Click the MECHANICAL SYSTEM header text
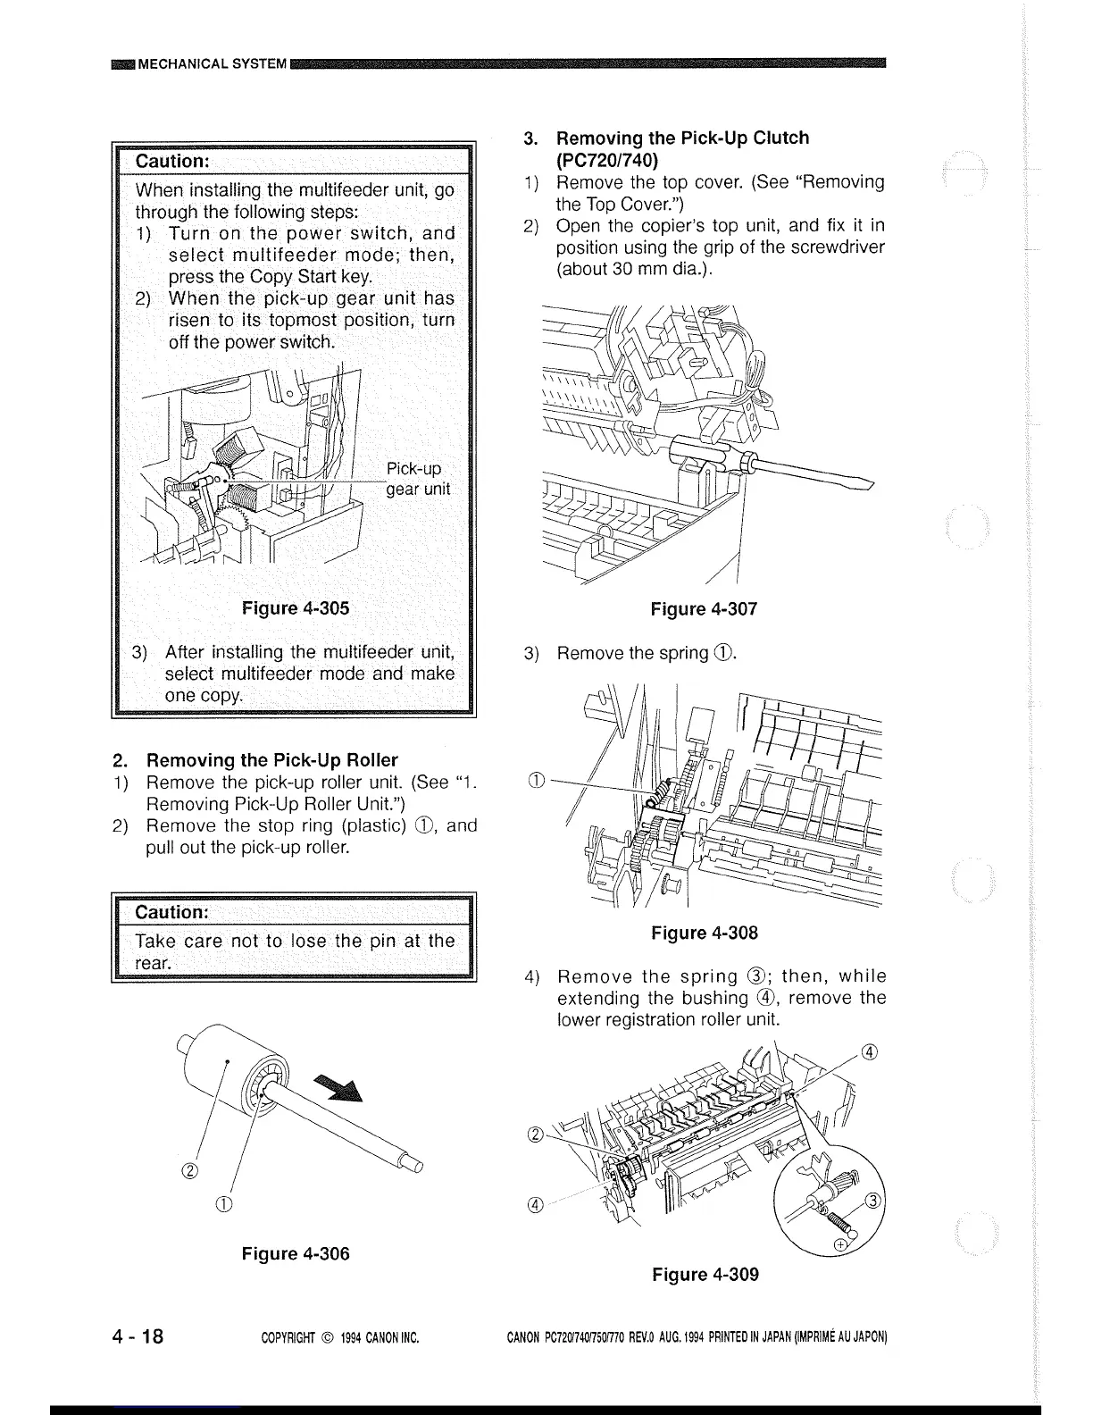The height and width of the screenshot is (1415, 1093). point(213,63)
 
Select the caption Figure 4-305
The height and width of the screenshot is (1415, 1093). point(296,608)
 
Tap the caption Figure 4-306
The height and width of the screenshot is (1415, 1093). point(296,1253)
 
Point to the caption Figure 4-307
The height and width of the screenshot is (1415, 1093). point(704,609)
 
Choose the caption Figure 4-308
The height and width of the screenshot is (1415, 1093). point(704,933)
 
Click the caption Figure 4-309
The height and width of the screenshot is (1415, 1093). point(705,1274)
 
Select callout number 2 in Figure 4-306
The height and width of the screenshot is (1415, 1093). point(191,1170)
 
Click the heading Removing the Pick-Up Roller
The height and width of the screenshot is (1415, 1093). point(271,760)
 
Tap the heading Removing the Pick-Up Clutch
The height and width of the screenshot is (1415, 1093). point(682,138)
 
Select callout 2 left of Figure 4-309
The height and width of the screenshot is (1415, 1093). point(535,1135)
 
